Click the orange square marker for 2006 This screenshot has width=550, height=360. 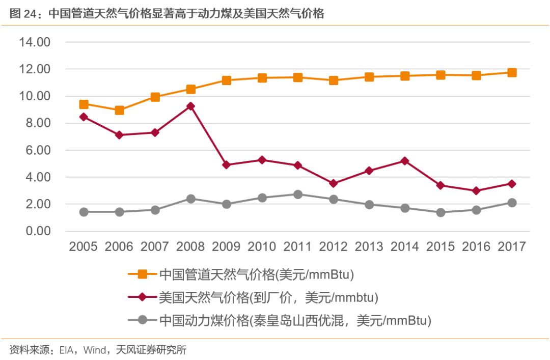pyautogui.click(x=120, y=110)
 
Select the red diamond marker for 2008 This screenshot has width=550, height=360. pyautogui.click(x=191, y=106)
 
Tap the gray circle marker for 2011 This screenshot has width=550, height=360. pyautogui.click(x=298, y=195)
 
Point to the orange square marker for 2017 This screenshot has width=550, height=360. pyautogui.click(x=512, y=72)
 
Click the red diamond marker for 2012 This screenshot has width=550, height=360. pyautogui.click(x=334, y=183)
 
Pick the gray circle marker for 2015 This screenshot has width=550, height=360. pyautogui.click(x=441, y=212)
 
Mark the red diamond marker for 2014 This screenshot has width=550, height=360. pyautogui.click(x=405, y=161)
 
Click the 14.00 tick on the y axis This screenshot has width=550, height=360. pyautogui.click(x=35, y=42)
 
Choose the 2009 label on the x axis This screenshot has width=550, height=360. pyautogui.click(x=226, y=247)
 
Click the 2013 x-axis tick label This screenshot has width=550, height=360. pyautogui.click(x=369, y=247)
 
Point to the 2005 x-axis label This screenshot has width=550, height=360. pyautogui.click(x=84, y=247)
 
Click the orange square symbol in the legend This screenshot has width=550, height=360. pyautogui.click(x=143, y=274)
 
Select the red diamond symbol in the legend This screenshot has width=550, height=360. pyautogui.click(x=143, y=297)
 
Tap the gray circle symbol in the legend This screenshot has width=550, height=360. pyautogui.click(x=143, y=320)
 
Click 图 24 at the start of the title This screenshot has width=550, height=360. pyautogui.click(x=21, y=14)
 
